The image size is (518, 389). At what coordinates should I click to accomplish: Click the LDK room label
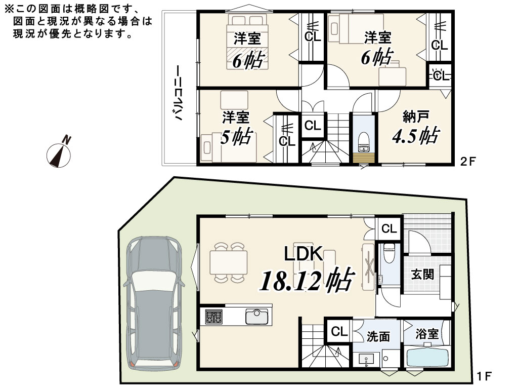coord(304,254)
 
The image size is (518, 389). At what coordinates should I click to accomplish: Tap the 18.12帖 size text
coord(307,280)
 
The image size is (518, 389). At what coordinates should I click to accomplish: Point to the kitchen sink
coord(256,317)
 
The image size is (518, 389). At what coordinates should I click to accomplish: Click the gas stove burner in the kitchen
coord(214,317)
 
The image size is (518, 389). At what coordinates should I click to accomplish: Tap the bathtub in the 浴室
coord(427,357)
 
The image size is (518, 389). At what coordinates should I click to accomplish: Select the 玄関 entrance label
coord(422,274)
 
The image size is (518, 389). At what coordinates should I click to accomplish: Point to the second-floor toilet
coord(363,141)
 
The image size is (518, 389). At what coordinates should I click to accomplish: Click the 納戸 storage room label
coord(416,117)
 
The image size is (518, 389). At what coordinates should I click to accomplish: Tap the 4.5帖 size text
coord(416,135)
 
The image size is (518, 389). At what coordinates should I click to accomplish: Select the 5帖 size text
coord(237,137)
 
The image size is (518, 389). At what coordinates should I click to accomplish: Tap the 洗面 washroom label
coord(378,336)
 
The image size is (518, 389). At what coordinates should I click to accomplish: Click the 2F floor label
coord(468,162)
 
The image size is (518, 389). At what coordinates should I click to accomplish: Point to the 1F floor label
coord(484,376)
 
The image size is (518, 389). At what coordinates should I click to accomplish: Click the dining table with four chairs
coord(228,263)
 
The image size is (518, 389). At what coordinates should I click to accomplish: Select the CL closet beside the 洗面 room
coord(339,331)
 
